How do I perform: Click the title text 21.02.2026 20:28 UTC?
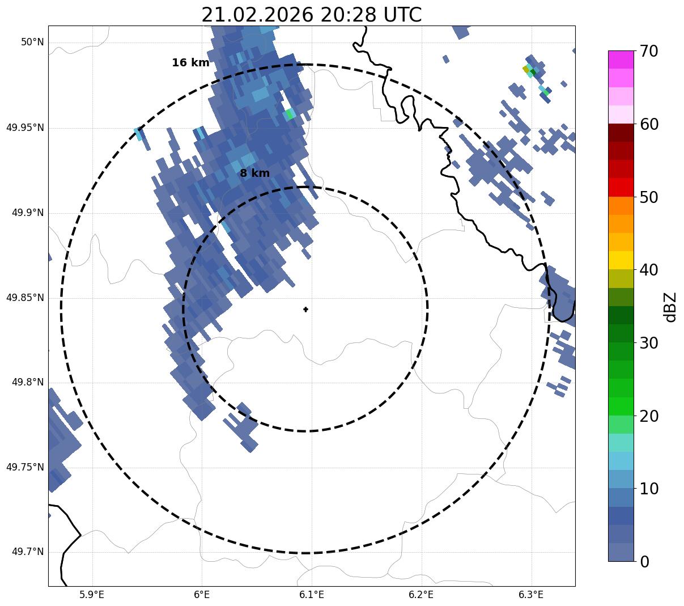coord(311,15)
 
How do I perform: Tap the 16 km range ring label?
coord(190,63)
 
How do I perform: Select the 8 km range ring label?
coord(254,173)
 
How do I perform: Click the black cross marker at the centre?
coord(305,310)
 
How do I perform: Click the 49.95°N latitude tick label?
coord(25,128)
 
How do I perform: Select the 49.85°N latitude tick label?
coord(25,298)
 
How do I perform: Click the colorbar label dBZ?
coord(670,307)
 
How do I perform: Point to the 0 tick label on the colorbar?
coord(644,562)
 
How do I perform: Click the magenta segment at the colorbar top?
coord(621,60)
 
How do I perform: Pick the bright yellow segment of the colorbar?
coord(621,260)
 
